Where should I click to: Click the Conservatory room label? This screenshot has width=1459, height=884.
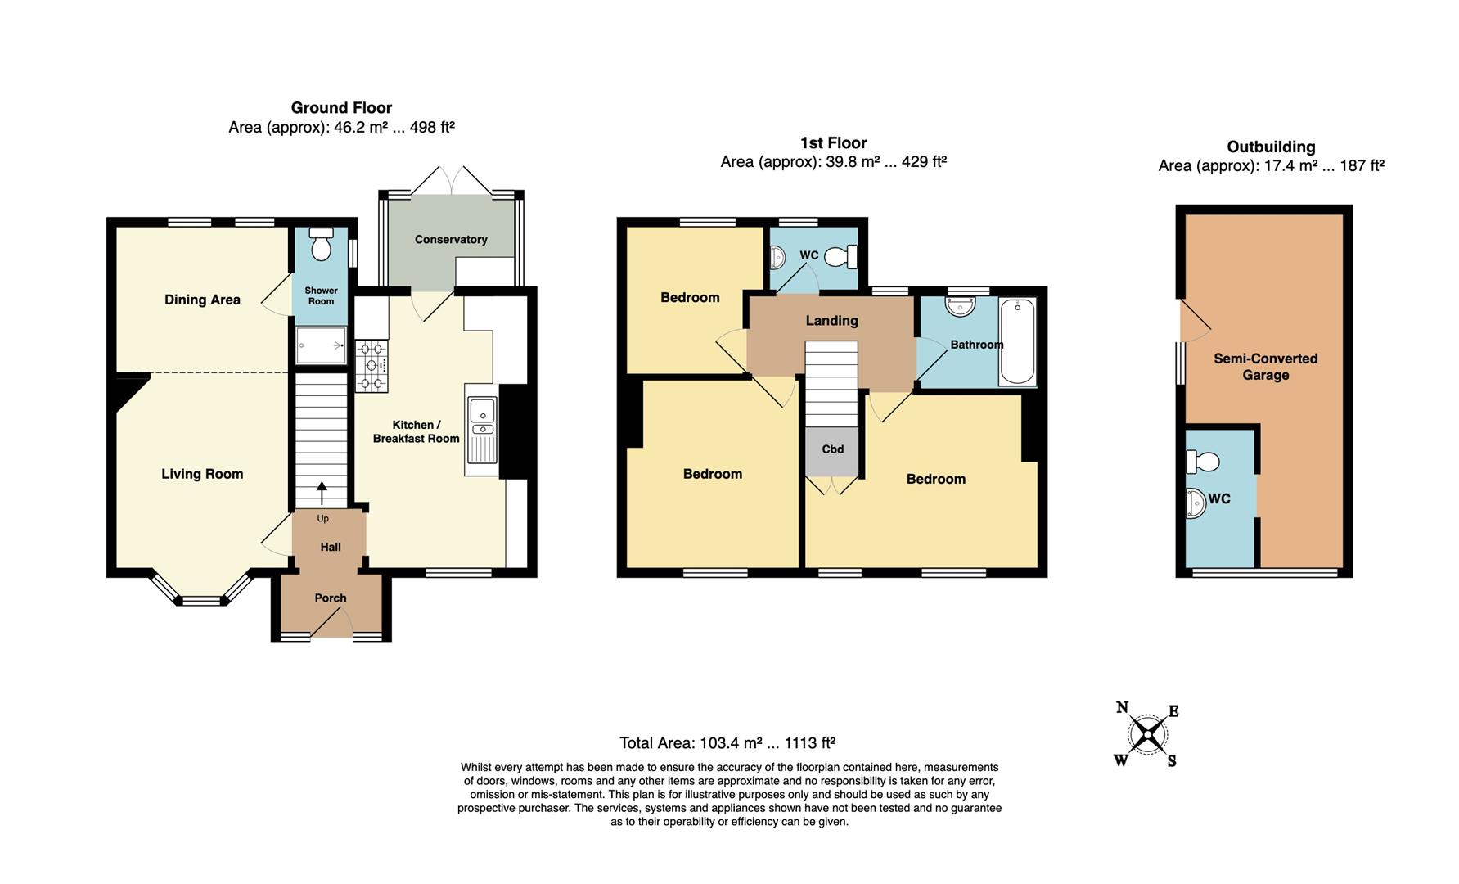pyautogui.click(x=451, y=240)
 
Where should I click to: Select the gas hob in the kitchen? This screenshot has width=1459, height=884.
pyautogui.click(x=372, y=365)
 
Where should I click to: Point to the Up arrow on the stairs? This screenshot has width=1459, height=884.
pyautogui.click(x=322, y=493)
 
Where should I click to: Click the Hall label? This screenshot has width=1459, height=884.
pyautogui.click(x=331, y=547)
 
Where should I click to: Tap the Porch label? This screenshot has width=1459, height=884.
pyautogui.click(x=331, y=598)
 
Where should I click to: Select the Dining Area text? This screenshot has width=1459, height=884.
pyautogui.click(x=202, y=300)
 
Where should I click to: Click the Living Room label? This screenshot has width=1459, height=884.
pyautogui.click(x=202, y=474)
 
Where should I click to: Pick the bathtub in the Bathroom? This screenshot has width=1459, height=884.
pyautogui.click(x=1017, y=342)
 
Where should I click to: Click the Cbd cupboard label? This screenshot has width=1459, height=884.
pyautogui.click(x=832, y=449)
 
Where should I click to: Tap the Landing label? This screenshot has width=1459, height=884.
pyautogui.click(x=831, y=321)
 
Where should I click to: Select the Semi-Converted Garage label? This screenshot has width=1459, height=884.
pyautogui.click(x=1265, y=367)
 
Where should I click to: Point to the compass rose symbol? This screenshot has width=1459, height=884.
pyautogui.click(x=1146, y=734)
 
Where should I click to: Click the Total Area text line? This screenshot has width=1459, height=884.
pyautogui.click(x=727, y=743)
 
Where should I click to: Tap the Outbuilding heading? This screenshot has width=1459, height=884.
pyautogui.click(x=1271, y=147)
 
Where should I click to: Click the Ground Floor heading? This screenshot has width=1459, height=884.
pyautogui.click(x=341, y=108)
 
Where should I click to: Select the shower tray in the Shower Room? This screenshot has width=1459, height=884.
pyautogui.click(x=321, y=345)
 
